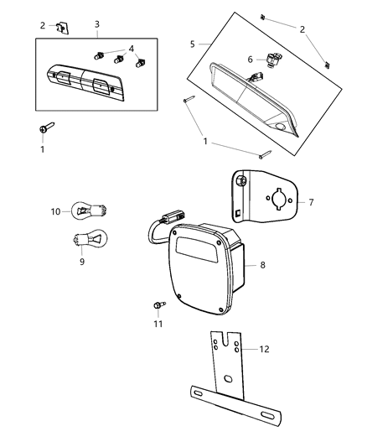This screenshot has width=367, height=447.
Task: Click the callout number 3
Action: point(97,24)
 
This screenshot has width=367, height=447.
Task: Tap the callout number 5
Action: point(192,44)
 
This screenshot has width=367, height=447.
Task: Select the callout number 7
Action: point(311,202)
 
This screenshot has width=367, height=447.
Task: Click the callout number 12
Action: point(264,348)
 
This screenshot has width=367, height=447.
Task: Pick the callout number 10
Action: point(56,211)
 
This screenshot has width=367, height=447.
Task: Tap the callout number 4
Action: point(130,49)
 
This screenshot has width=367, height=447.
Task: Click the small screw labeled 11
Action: point(158,304)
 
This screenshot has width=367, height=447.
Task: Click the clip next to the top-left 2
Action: point(61,27)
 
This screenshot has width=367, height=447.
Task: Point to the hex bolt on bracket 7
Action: point(241,181)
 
